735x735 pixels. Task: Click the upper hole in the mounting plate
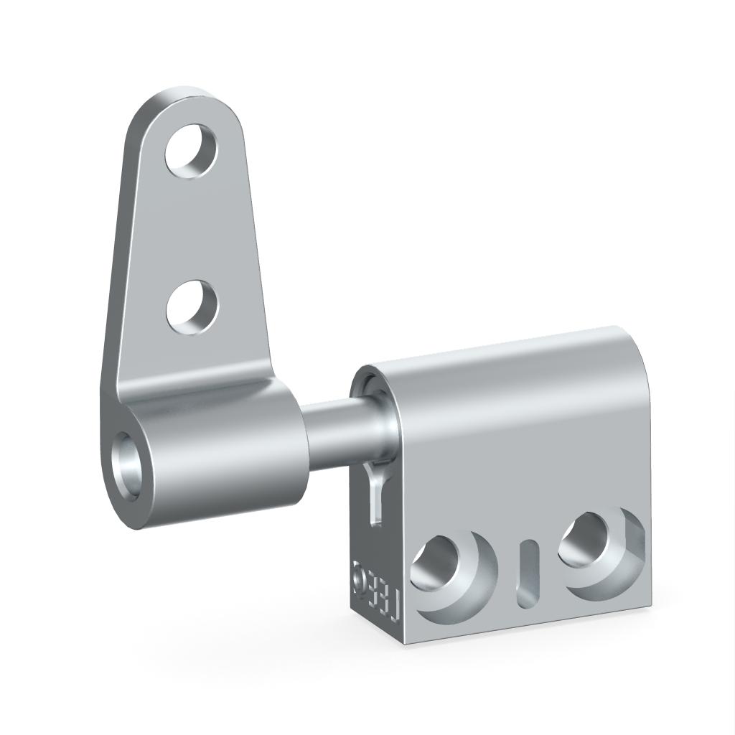click(x=192, y=151)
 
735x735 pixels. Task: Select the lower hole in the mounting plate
click(x=192, y=307)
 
